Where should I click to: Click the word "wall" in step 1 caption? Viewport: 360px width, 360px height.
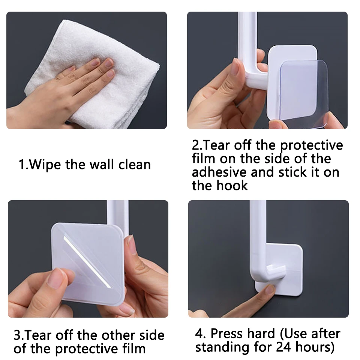[102, 165]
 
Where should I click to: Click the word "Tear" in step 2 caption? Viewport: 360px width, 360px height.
[219, 145]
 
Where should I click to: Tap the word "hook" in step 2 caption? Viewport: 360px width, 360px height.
[233, 185]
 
